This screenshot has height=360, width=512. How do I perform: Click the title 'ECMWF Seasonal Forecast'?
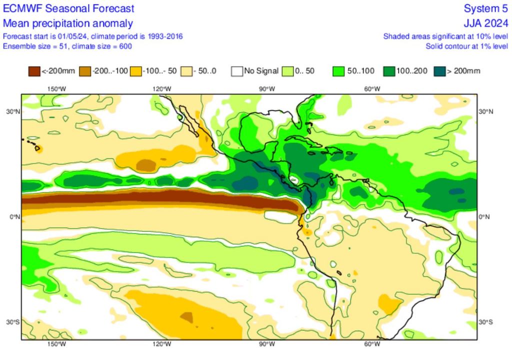(68, 8)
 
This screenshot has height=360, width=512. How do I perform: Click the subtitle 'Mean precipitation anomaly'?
(68, 23)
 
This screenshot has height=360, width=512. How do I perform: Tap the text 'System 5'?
(485, 8)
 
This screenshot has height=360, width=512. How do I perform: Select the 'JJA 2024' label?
(485, 23)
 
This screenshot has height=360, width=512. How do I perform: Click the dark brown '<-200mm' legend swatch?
(34, 71)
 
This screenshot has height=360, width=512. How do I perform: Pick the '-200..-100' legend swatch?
(85, 71)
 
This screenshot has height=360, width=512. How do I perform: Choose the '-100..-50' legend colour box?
(135, 71)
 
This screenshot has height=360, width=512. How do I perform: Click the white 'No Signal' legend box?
(237, 71)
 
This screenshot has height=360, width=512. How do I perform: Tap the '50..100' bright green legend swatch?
(338, 71)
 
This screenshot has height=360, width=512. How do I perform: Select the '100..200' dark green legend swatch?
(389, 71)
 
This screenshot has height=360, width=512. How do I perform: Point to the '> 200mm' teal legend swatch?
(439, 71)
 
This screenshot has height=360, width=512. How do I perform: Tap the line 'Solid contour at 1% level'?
(466, 46)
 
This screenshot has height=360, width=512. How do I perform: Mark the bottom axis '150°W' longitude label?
(56, 344)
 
